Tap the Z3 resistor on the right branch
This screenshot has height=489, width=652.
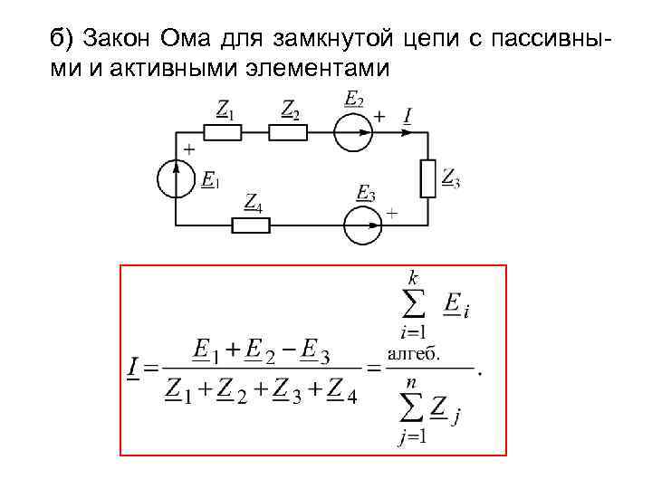428,179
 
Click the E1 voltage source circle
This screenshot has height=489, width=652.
176,178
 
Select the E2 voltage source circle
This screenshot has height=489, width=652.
353,133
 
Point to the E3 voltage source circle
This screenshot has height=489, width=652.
363,225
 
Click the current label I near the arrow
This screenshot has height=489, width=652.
408,116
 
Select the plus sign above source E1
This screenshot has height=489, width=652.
189,148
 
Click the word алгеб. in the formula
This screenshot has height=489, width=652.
414,354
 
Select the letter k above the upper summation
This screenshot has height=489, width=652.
413,278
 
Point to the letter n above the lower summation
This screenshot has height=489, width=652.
410,383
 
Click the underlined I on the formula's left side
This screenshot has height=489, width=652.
133,368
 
